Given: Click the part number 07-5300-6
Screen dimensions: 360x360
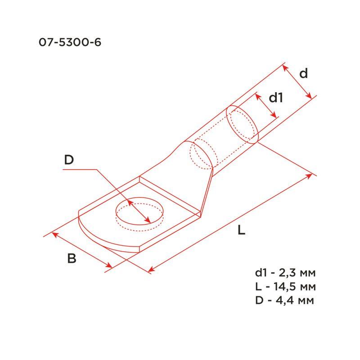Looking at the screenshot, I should tap(70, 43).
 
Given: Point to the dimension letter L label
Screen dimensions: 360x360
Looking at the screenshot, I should tap(242, 231).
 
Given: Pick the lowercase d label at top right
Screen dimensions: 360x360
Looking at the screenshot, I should tap(304, 73).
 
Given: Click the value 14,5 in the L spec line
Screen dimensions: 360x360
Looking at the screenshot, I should tap(287, 287).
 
